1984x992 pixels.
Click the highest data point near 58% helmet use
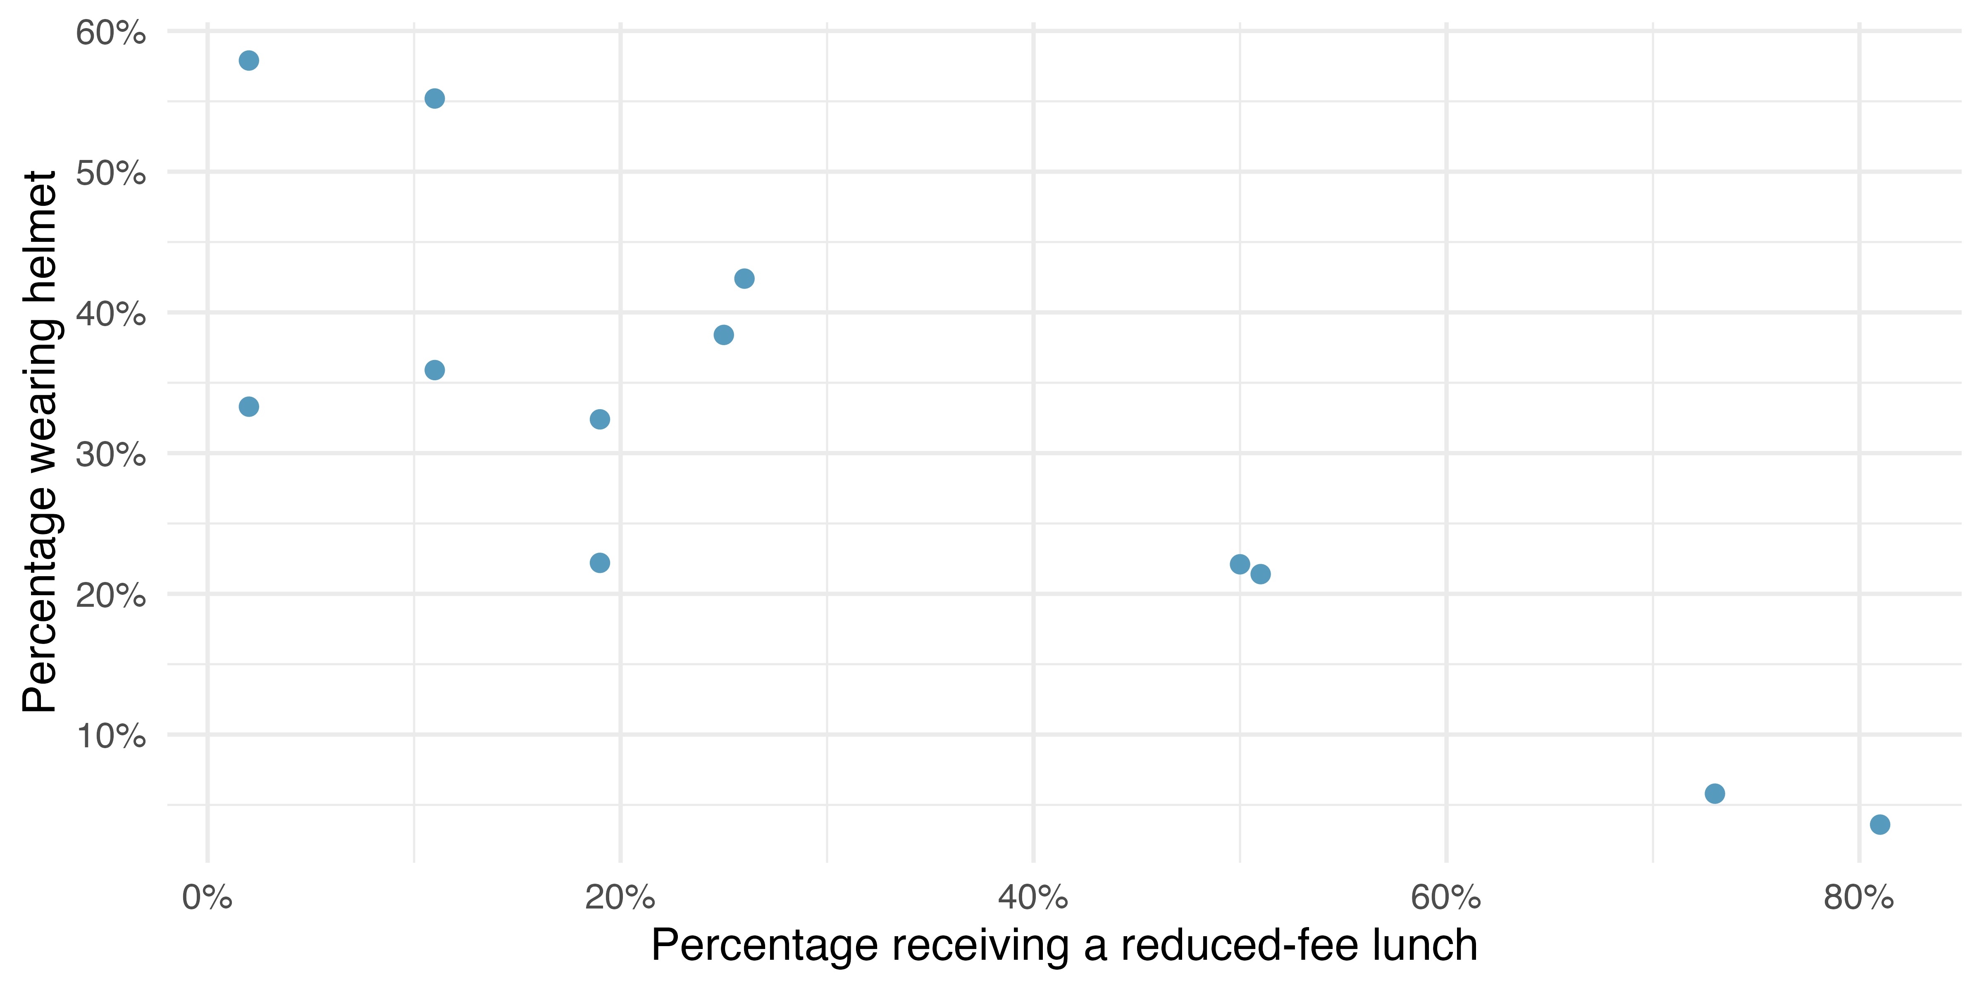coord(249,60)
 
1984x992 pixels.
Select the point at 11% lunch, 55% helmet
coord(434,99)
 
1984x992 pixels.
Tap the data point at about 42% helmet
coord(744,278)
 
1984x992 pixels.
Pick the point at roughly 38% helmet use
coord(723,334)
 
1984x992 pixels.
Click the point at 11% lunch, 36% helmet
coord(434,370)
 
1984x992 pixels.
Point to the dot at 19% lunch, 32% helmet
coord(599,419)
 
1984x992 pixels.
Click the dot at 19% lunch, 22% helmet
coord(599,562)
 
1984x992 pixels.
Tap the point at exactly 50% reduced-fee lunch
coord(1239,564)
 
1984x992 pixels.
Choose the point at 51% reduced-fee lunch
coord(1260,574)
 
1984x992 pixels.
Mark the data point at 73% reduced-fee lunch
coord(1715,793)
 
